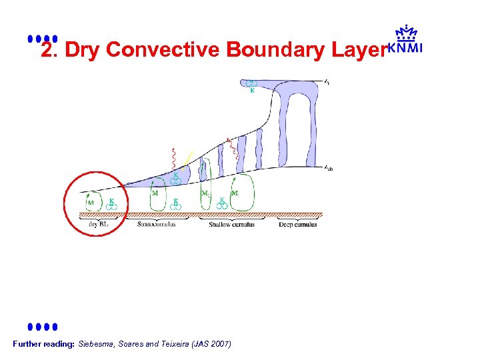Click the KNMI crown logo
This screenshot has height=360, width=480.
[405, 39]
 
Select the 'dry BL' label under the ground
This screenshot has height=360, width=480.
[98, 225]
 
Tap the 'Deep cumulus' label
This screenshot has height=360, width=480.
[298, 225]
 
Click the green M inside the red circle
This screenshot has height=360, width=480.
[91, 203]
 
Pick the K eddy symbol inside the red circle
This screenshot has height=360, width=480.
[112, 204]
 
